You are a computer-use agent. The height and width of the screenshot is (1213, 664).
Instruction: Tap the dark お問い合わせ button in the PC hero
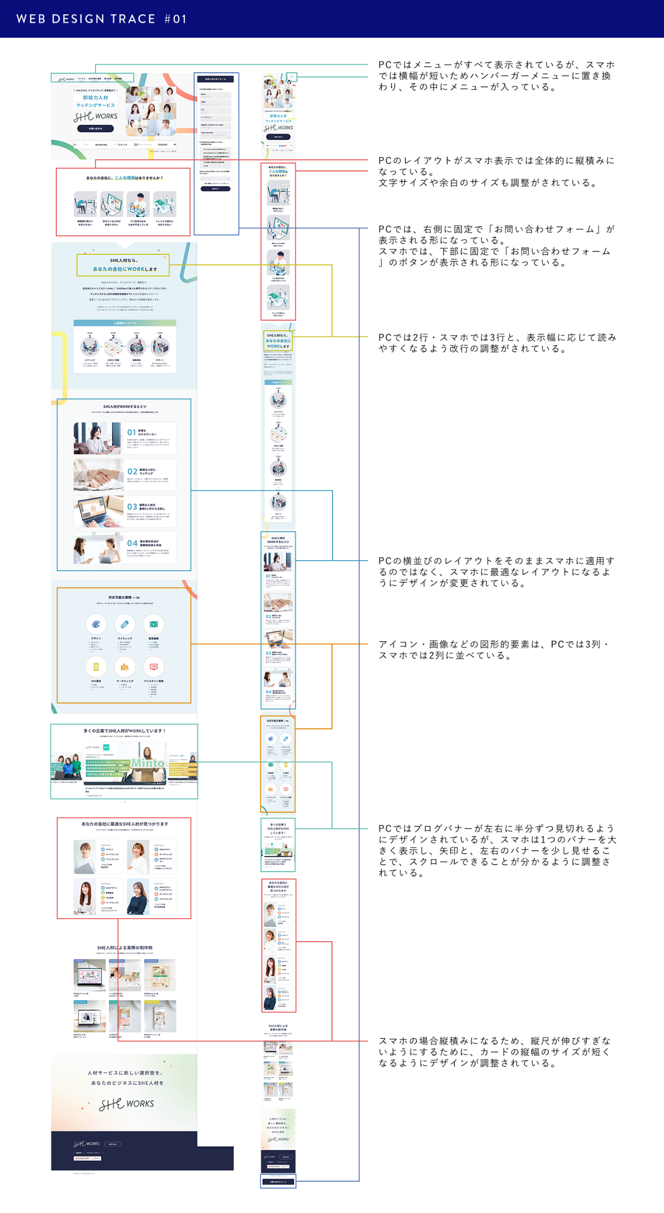[95, 128]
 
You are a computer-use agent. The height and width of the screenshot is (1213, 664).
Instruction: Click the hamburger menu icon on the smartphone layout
[292, 77]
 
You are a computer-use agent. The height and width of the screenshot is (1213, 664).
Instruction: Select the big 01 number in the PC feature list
[132, 433]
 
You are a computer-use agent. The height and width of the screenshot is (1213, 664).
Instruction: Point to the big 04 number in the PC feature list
[132, 543]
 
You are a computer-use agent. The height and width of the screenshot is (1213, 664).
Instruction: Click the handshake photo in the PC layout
[98, 474]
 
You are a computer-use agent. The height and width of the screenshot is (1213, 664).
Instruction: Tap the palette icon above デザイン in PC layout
[96, 624]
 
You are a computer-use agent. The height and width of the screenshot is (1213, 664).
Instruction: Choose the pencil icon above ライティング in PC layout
[125, 624]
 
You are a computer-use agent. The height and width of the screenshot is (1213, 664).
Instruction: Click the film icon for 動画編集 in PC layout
[154, 624]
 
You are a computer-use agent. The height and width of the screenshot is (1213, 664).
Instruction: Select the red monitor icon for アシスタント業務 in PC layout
[154, 667]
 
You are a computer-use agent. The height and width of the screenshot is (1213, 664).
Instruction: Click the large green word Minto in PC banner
[148, 763]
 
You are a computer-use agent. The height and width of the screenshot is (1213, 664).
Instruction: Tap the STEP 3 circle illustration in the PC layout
[137, 347]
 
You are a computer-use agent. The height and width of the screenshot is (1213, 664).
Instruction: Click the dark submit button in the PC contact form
[215, 188]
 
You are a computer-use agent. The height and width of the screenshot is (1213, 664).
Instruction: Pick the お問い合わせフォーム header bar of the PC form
[215, 79]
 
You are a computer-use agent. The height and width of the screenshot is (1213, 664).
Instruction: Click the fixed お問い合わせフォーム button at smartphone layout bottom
[278, 1182]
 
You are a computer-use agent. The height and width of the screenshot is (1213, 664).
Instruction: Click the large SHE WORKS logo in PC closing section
[126, 1104]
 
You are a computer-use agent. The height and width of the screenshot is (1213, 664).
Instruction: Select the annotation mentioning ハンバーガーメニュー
[496, 76]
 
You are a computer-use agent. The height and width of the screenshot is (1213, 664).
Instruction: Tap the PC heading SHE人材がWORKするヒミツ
[124, 407]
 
